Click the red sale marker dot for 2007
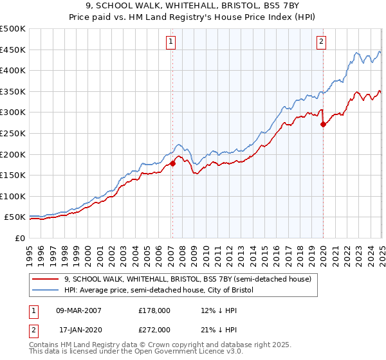tap(172, 163)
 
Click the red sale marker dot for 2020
tap(323, 124)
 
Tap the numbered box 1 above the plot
tap(171, 42)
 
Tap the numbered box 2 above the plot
tap(321, 42)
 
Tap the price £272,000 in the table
tap(154, 329)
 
